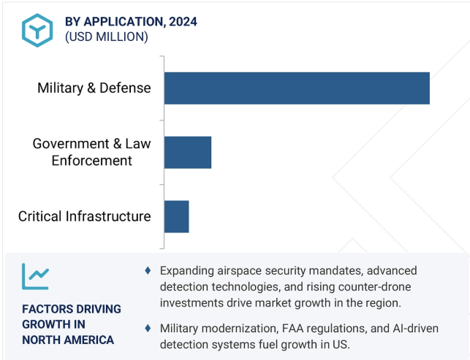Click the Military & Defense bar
297,88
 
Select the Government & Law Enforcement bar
188,153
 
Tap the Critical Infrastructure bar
177,217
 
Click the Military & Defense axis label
94,88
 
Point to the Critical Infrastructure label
85,216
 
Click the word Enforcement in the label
91,161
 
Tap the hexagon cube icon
37,30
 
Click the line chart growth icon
35,277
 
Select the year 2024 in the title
183,22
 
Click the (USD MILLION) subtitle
107,37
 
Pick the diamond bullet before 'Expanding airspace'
148,270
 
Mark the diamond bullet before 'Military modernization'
148,329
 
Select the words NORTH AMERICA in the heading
68,340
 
